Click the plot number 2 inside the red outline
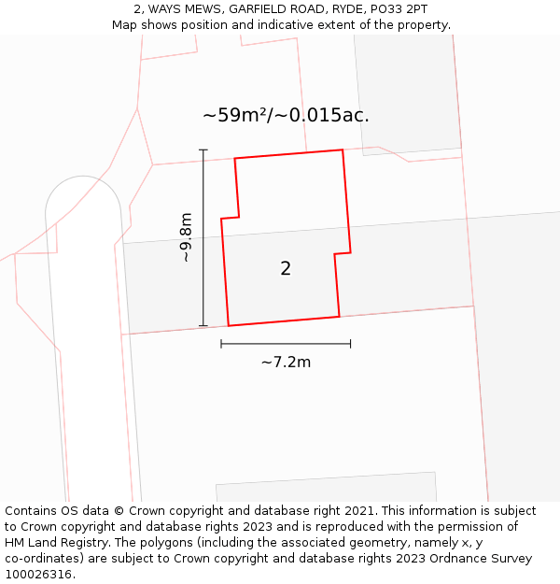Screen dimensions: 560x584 pos(286,269)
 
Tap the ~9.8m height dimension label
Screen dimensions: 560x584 pos(186,237)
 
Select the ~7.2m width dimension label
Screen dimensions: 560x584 pos(286,362)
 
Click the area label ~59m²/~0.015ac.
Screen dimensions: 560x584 pos(286,116)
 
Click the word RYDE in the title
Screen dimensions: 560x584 pos(343,9)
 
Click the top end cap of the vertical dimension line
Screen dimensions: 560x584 pos(203,150)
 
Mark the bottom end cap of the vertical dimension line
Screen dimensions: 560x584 pos(203,326)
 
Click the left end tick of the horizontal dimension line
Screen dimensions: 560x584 pos(221,344)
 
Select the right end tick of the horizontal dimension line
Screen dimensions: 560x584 pos(350,344)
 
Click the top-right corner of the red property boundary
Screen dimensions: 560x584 pos(343,150)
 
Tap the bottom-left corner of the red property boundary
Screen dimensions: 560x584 pos(229,326)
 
